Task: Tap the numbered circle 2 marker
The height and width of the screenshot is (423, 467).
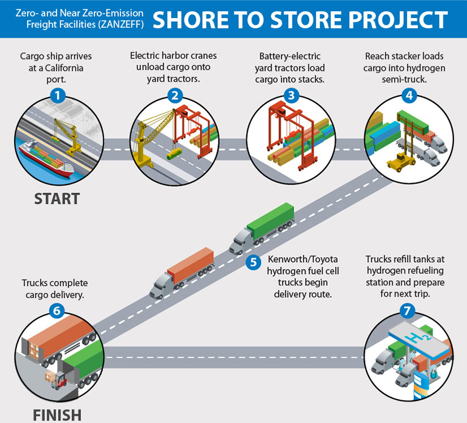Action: point(174,95)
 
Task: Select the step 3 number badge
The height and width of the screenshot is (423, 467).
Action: point(291,95)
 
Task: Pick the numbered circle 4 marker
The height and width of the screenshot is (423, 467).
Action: point(409,95)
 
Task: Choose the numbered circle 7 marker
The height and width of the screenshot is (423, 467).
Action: point(406,310)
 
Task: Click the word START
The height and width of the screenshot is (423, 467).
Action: point(57,199)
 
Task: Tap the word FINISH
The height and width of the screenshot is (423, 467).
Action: point(57,414)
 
